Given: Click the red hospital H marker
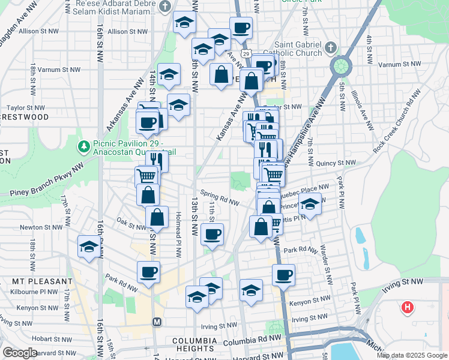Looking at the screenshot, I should pyautogui.click(x=408, y=308).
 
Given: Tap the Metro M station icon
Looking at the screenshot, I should pyautogui.click(x=157, y=322).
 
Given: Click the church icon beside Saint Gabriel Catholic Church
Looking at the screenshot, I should pyautogui.click(x=330, y=47).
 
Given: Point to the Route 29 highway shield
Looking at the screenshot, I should pyautogui.click(x=246, y=54).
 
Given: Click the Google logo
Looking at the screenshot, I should pyautogui.click(x=20, y=352).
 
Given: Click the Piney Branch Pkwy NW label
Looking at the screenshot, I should pyautogui.click(x=42, y=182).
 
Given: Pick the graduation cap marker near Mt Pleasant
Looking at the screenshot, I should pyautogui.click(x=89, y=246).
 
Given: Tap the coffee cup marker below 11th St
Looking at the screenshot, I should pyautogui.click(x=211, y=233).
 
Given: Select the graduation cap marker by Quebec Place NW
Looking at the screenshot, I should pyautogui.click(x=310, y=204).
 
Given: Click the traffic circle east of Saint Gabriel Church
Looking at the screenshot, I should pyautogui.click(x=341, y=64).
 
